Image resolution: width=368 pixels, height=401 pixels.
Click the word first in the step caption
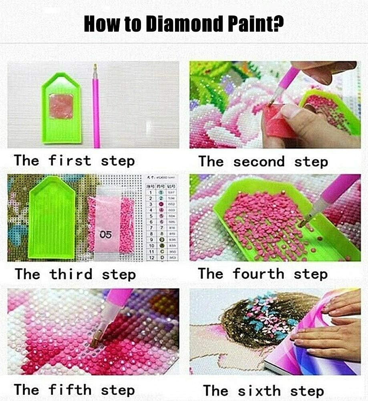pyautogui.click(x=70, y=161)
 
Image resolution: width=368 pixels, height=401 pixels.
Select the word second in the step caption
pyautogui.click(x=259, y=162)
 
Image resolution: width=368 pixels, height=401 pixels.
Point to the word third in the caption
pyautogui.click(x=71, y=274)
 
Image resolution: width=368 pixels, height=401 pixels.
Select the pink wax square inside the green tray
pyautogui.click(x=61, y=106)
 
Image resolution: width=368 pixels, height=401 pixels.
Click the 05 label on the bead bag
pyautogui.click(x=106, y=235)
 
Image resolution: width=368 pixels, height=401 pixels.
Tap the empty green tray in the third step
pyautogui.click(x=52, y=218)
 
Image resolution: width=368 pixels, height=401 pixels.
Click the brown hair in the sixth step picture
pyautogui.click(x=240, y=328)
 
